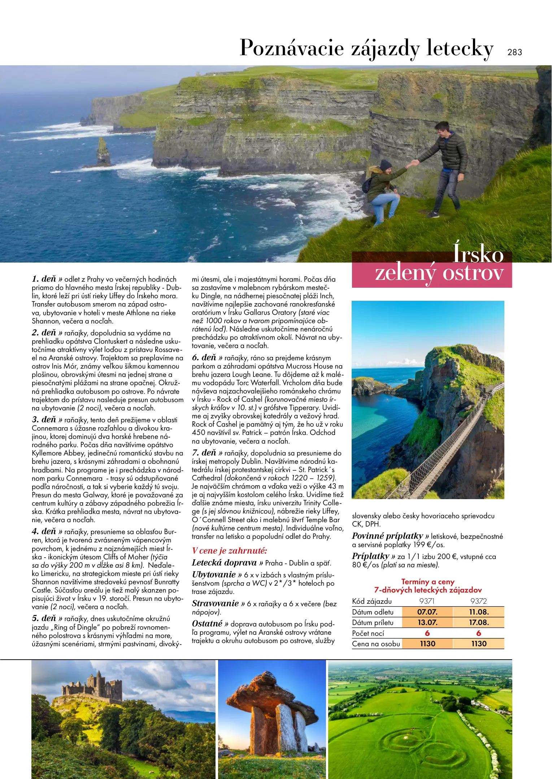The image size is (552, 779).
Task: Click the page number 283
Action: coord(514,52)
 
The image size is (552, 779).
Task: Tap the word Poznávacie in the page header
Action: coord(292,48)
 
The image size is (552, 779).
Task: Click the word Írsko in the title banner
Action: coord(478,254)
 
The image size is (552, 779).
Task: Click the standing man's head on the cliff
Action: coord(442,129)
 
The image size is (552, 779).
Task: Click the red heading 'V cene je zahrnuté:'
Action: coord(229,551)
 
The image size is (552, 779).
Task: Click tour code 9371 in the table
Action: coord(427,601)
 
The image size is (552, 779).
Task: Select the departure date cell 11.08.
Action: coord(479,612)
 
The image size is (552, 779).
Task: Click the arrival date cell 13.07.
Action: coord(427,622)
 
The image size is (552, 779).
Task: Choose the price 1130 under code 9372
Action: coord(479,644)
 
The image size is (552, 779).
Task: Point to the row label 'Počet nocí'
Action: coord(368,633)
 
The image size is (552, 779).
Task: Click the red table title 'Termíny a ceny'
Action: coord(428,582)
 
